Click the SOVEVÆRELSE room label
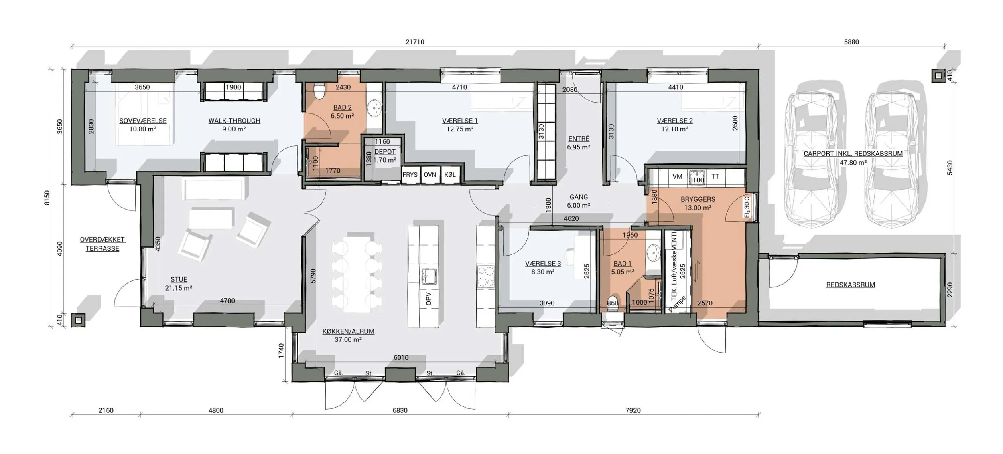click(x=143, y=121)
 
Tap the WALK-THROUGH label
click(x=234, y=121)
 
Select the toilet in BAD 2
click(x=319, y=91)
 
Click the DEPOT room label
click(x=385, y=152)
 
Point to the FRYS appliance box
click(x=410, y=175)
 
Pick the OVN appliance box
click(x=430, y=175)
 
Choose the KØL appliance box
click(x=450, y=175)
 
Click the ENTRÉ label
click(x=579, y=139)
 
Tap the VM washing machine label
click(x=677, y=176)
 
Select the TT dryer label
click(x=715, y=176)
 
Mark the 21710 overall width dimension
click(x=415, y=42)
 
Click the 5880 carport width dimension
click(x=851, y=42)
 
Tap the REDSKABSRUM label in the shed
click(x=851, y=285)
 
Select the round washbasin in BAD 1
click(x=653, y=252)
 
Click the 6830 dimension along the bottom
click(x=400, y=410)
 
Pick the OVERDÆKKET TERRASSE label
click(x=102, y=244)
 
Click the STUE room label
click(x=179, y=280)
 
